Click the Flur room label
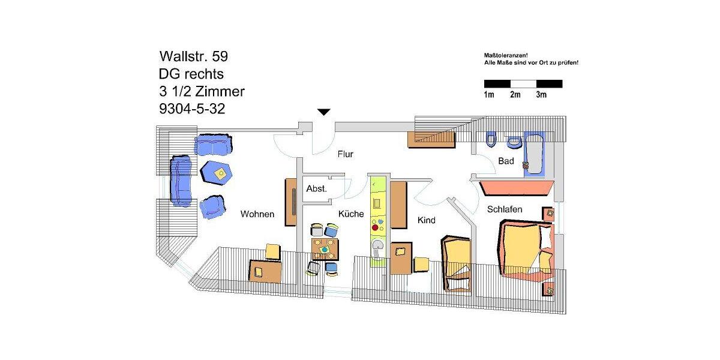[345, 154]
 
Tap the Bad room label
[506, 161]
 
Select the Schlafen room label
[505, 209]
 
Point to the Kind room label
[426, 221]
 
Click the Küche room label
[351, 214]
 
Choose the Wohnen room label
[257, 214]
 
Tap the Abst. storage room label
[316, 188]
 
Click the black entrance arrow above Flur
[324, 112]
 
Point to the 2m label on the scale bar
[515, 95]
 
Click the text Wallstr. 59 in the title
[193, 56]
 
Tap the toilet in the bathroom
[491, 139]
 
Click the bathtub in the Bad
[534, 154]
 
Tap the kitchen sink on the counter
[377, 245]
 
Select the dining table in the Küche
[325, 248]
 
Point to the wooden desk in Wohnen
[265, 271]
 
